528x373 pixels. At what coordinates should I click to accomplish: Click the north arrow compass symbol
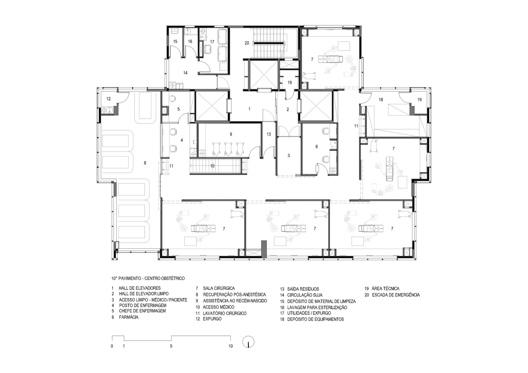[248, 342]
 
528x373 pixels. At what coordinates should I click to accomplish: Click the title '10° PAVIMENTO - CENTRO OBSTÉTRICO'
[148, 278]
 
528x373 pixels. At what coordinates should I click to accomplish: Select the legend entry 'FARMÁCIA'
[129, 317]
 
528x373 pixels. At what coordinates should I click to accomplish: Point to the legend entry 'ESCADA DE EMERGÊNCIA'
[396, 295]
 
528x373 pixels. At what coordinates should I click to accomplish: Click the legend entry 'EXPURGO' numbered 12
[212, 319]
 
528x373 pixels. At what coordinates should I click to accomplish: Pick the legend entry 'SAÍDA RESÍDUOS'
[303, 289]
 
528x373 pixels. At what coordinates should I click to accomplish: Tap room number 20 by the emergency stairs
[247, 43]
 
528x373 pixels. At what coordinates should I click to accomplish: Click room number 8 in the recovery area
[145, 163]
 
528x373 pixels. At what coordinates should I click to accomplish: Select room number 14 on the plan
[185, 73]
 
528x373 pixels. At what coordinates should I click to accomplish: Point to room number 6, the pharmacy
[317, 147]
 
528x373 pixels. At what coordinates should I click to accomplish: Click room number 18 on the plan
[381, 100]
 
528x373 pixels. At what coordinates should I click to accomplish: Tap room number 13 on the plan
[269, 134]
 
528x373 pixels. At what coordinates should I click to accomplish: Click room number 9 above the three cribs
[231, 134]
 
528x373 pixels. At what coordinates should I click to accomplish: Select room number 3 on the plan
[289, 156]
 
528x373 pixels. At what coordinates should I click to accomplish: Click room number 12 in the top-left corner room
[109, 99]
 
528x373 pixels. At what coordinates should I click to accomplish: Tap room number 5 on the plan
[179, 109]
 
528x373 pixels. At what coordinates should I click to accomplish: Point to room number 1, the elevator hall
[249, 109]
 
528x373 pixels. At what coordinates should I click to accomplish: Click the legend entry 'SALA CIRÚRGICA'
[219, 288]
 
